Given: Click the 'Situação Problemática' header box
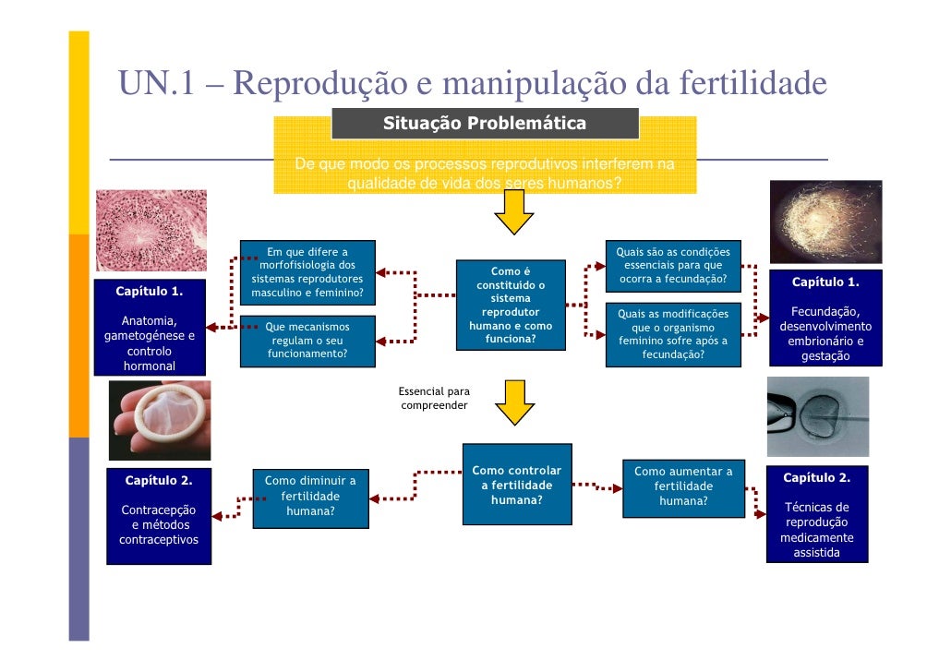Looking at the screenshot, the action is (485, 124).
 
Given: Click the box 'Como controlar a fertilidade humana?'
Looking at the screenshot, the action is (510, 485).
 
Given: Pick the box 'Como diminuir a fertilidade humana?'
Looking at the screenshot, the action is (310, 496).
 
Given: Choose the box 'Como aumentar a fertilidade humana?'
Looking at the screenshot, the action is (683, 486).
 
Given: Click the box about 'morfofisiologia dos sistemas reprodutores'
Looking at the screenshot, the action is (307, 273).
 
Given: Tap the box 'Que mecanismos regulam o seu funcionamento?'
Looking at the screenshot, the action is (307, 339).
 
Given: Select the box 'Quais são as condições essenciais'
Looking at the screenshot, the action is (673, 266).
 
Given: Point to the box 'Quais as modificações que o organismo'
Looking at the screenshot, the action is (673, 334).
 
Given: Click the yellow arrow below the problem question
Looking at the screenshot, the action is (514, 213).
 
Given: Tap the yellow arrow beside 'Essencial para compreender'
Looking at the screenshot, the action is (514, 402).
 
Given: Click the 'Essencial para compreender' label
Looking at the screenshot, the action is (434, 399).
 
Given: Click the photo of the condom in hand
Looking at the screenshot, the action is (159, 420).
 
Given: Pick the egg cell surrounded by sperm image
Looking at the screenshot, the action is (825, 222).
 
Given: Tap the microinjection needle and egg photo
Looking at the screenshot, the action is (817, 416).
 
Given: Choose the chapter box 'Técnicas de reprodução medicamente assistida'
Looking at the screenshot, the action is (817, 514).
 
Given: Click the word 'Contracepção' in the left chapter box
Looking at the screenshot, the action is (159, 510).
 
